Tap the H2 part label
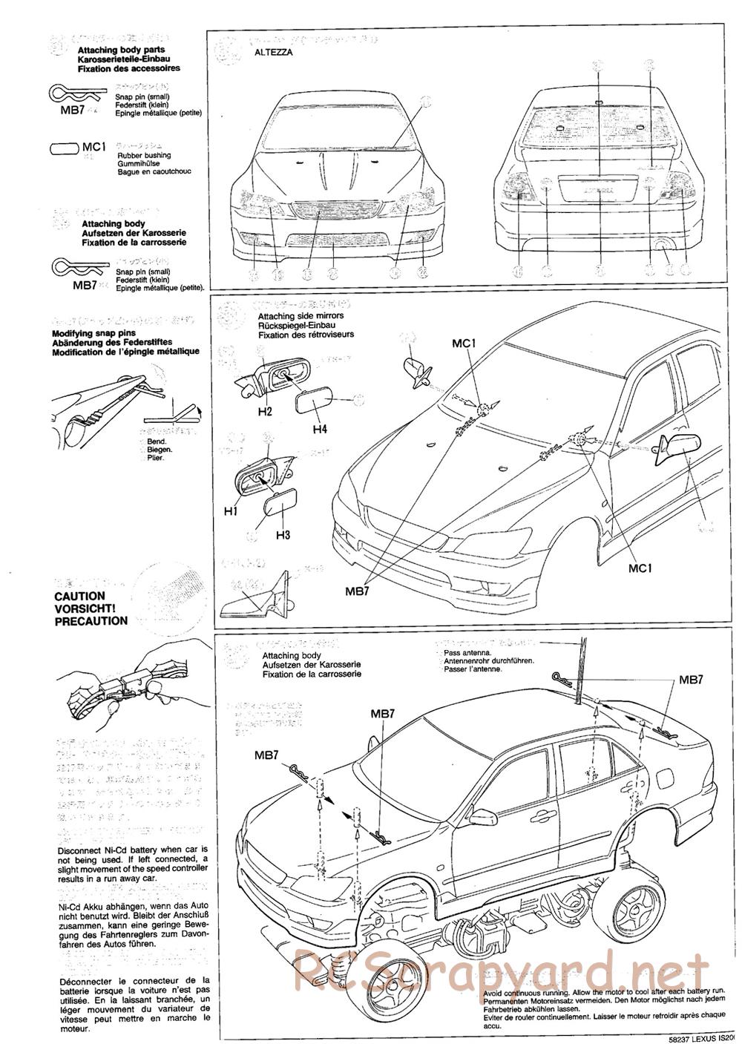click(x=266, y=410)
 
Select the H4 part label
click(x=321, y=429)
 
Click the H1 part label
click(x=230, y=511)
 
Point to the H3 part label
click(x=283, y=534)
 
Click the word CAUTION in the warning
click(x=80, y=596)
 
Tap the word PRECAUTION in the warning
click(x=91, y=621)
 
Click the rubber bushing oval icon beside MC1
click(x=64, y=148)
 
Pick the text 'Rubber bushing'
click(x=144, y=155)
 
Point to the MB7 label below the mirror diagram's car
click(x=358, y=591)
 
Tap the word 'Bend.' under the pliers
click(x=157, y=441)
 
